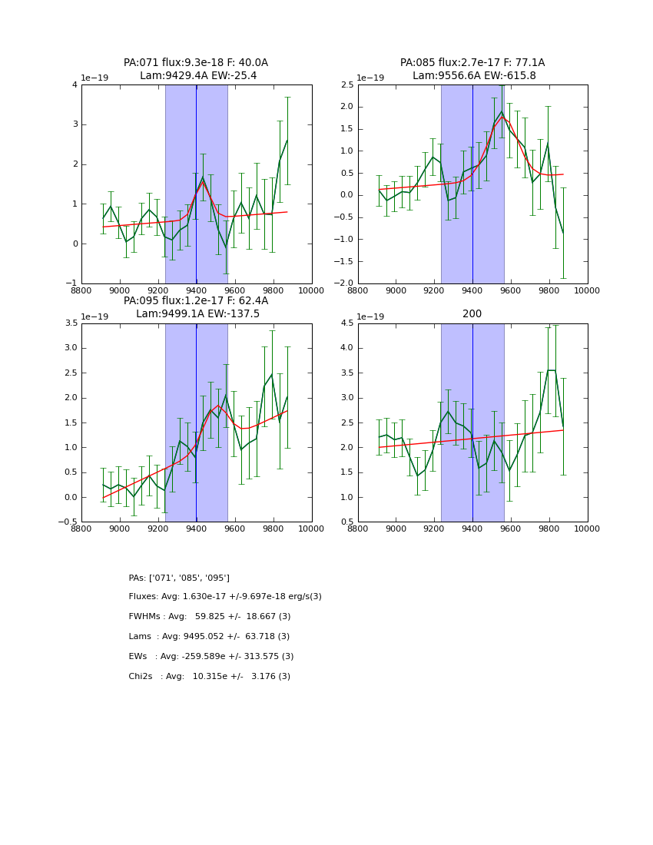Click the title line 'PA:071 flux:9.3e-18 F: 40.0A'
click(x=196, y=63)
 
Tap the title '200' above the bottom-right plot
click(x=472, y=314)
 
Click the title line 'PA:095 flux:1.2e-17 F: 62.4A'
click(x=196, y=301)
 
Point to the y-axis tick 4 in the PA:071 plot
click(x=75, y=84)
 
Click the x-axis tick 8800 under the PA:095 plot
click(x=81, y=529)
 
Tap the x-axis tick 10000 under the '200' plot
click(x=587, y=529)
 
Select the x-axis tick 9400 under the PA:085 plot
click(x=472, y=290)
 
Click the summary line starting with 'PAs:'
click(x=179, y=578)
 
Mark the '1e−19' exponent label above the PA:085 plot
click(x=371, y=78)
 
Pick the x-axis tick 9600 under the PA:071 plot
click(x=234, y=290)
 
